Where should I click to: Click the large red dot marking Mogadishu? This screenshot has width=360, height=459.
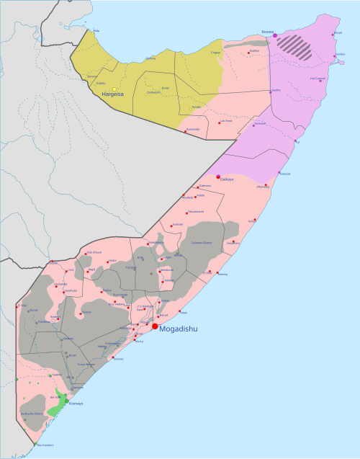154,326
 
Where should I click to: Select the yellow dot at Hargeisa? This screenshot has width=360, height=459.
114,89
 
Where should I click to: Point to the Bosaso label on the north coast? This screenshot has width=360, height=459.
268,32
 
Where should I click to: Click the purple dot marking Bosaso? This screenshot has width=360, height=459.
275,35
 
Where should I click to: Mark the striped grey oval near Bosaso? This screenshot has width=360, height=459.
296,47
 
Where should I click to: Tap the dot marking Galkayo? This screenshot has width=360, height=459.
219,177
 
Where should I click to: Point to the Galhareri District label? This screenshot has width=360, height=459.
202,243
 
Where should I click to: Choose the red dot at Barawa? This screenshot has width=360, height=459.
111,358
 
